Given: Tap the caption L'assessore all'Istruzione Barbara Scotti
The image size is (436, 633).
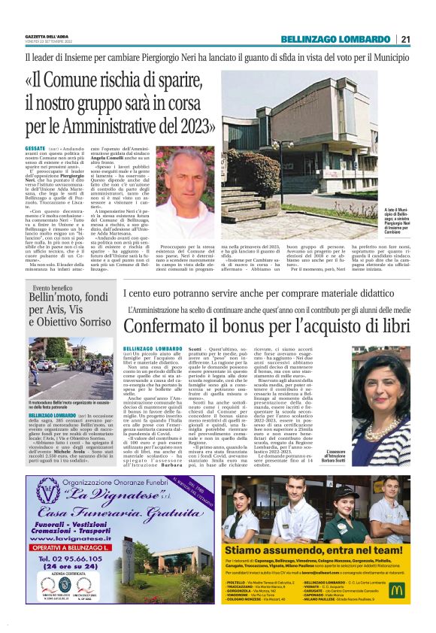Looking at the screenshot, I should [x=389, y=458].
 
